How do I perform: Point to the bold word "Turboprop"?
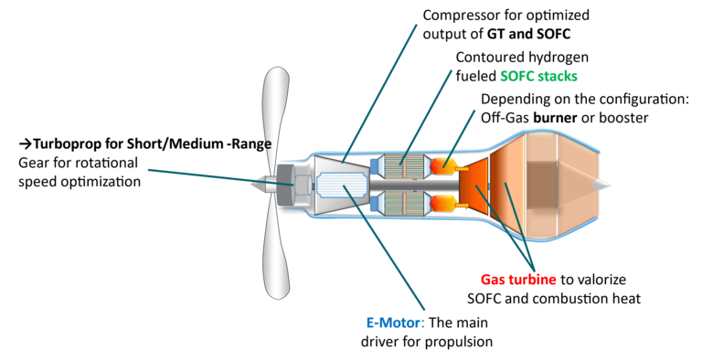tap(70, 144)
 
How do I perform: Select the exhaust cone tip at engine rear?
tap(601, 183)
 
